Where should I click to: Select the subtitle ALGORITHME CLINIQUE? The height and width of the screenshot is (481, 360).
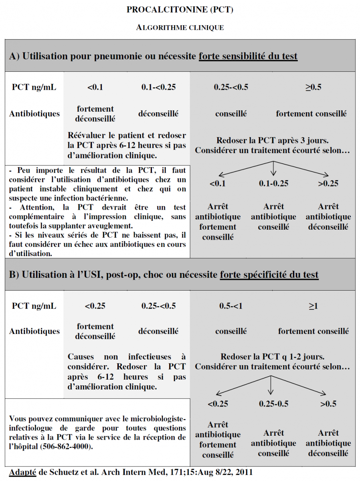[180, 28]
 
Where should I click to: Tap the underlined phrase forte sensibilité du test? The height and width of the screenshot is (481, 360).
[248, 56]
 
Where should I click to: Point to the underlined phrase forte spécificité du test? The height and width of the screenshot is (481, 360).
[269, 275]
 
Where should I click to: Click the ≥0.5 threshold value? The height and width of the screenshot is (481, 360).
[313, 87]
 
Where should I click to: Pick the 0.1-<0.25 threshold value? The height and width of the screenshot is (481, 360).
[158, 87]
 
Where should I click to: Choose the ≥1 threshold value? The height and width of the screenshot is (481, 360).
[313, 306]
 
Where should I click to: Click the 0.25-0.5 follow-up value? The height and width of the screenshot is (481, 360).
[273, 404]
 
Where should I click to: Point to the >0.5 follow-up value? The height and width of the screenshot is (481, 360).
[328, 404]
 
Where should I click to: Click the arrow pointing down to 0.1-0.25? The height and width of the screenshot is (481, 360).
[273, 168]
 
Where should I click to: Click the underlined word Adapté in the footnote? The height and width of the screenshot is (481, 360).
[22, 472]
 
